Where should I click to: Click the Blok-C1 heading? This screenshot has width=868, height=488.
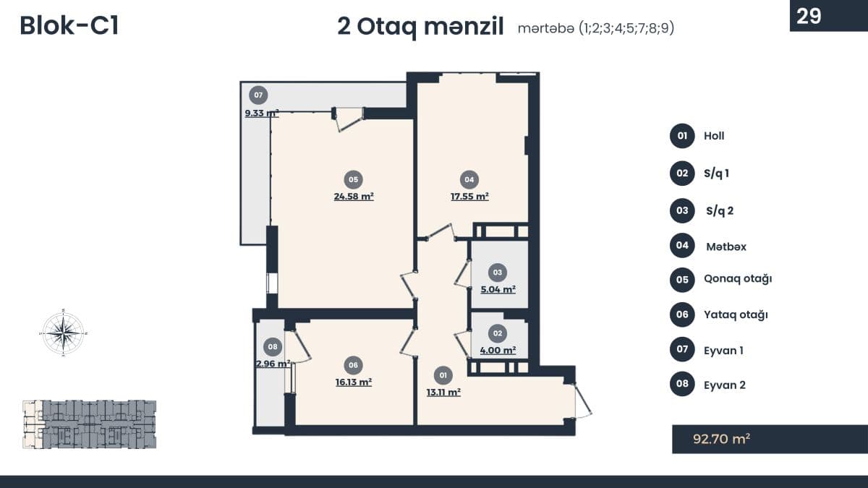click(x=69, y=26)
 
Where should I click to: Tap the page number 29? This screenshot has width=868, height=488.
click(x=809, y=16)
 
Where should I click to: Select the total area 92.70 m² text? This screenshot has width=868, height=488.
click(x=722, y=439)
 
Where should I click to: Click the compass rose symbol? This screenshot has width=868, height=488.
click(x=64, y=333)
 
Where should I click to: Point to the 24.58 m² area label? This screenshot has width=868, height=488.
click(x=354, y=197)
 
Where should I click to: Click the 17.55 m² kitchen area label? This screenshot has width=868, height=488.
click(x=469, y=197)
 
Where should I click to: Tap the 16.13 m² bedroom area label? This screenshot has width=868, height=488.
click(x=354, y=382)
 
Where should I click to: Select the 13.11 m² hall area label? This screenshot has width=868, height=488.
click(x=443, y=393)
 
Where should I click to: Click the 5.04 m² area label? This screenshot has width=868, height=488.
click(x=498, y=289)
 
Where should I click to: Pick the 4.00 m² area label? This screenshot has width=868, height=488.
click(x=498, y=351)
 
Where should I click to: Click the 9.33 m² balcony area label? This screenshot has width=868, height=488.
click(x=262, y=113)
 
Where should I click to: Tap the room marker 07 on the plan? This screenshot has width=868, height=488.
click(x=258, y=95)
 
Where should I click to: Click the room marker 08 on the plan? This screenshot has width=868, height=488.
click(x=273, y=346)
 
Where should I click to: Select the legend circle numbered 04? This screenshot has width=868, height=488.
click(x=682, y=245)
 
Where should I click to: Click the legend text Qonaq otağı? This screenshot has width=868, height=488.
click(x=738, y=279)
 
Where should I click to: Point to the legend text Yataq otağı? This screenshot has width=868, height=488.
click(x=736, y=315)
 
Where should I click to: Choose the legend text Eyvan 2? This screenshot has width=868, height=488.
click(x=725, y=385)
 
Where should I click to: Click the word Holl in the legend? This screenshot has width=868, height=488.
click(x=714, y=136)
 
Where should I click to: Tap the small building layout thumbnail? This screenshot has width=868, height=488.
click(x=90, y=424)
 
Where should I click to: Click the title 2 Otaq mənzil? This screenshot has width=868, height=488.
click(x=420, y=27)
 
